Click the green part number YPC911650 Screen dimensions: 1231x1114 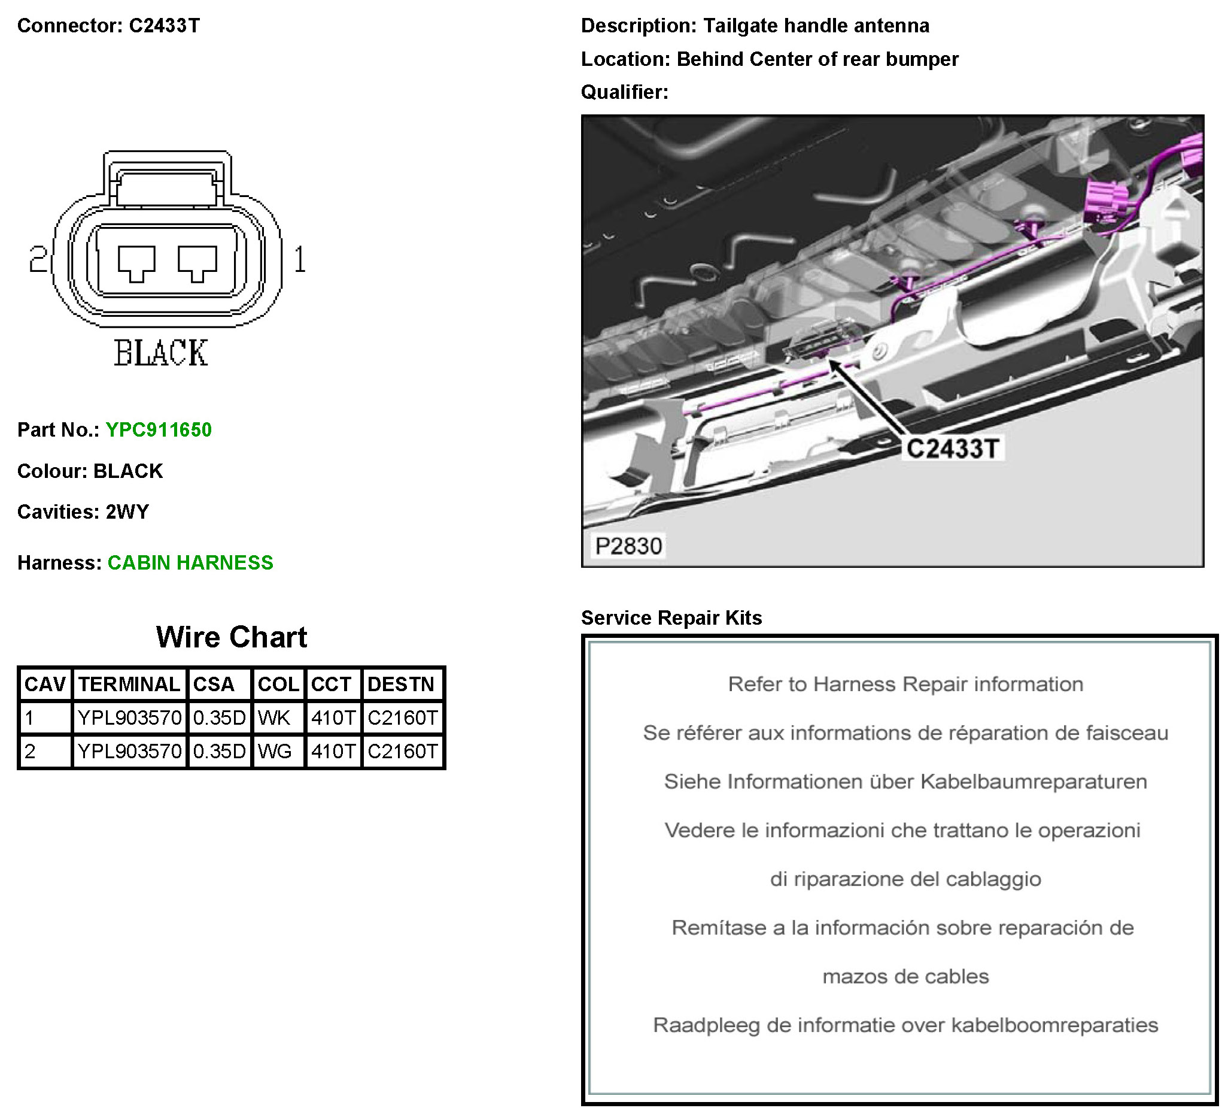point(159,430)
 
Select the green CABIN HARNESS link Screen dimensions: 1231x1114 point(190,563)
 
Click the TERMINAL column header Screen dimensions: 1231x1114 point(129,685)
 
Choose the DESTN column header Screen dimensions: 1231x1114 point(401,685)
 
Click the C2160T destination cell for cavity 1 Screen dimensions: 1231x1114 point(402,718)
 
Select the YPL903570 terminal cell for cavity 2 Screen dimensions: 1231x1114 point(129,751)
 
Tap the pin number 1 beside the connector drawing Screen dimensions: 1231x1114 point(300,259)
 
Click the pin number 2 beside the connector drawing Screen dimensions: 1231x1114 point(38,259)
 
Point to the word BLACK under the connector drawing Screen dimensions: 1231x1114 point(161,353)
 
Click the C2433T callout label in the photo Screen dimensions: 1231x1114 point(952,449)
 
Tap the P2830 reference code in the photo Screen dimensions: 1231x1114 point(628,546)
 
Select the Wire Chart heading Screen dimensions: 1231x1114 point(232,637)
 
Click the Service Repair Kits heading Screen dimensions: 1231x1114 point(671,618)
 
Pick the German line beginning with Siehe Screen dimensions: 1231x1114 point(905,782)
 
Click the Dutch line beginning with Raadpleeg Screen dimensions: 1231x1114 point(905,1025)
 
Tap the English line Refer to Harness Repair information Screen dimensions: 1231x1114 point(905,685)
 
